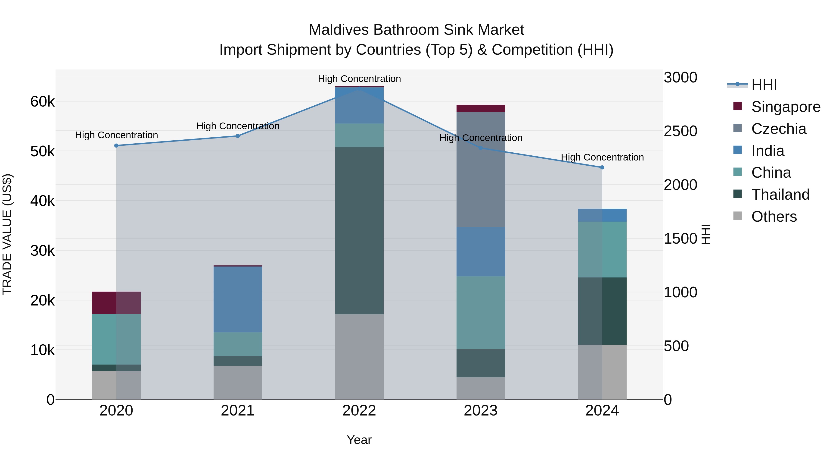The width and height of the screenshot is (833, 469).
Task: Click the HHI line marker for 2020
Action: point(116,146)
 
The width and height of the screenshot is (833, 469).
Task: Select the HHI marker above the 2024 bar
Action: point(602,167)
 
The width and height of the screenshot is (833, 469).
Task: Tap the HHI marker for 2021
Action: point(238,136)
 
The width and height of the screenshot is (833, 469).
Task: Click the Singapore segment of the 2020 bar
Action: point(116,303)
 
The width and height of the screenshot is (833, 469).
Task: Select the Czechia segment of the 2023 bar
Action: point(481,169)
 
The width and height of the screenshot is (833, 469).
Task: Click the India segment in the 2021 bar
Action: point(238,299)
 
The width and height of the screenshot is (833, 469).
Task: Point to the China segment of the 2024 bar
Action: point(602,249)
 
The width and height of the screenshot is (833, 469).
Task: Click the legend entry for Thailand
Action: point(780,195)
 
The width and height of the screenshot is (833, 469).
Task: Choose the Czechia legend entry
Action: point(778,129)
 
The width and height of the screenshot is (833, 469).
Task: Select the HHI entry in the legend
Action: point(764,85)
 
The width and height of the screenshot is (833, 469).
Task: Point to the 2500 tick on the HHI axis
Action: point(680,131)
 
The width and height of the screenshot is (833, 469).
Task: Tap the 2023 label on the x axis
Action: point(481,411)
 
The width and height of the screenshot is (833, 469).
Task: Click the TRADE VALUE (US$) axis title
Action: point(7,234)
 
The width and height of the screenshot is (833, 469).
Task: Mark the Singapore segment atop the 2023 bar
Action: point(481,108)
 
